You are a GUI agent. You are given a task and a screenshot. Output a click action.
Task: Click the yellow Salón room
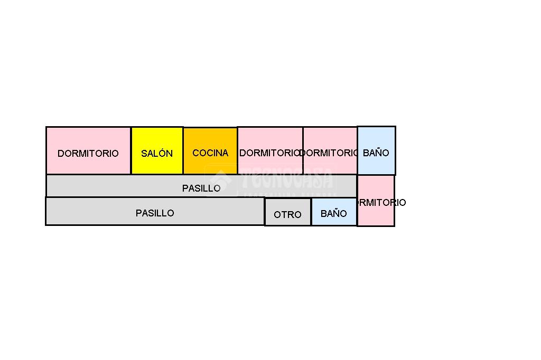[x=157, y=150]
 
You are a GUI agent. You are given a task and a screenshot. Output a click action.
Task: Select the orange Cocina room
[x=210, y=150]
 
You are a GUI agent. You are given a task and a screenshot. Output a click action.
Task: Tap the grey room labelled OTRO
[x=287, y=212]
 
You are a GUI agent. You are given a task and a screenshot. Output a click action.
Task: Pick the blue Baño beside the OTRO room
[x=334, y=212]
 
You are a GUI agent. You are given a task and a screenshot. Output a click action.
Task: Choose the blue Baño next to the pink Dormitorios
[x=376, y=150]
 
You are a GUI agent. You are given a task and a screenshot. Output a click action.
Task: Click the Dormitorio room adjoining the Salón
[x=88, y=150]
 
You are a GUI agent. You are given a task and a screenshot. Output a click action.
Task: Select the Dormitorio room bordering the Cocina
[x=270, y=150]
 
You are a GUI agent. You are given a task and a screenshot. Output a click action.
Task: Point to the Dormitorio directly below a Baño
[x=376, y=201]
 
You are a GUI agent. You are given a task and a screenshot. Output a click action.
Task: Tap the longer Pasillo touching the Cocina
[x=201, y=186]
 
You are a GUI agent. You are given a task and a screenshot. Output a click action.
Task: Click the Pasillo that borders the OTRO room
[x=154, y=211]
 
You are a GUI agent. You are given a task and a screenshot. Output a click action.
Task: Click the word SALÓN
[x=157, y=154]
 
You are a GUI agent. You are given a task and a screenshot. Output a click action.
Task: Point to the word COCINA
[x=210, y=153]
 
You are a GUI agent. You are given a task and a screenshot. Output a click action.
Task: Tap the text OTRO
[x=287, y=215]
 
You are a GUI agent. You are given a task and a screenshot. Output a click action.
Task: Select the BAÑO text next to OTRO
[x=334, y=214]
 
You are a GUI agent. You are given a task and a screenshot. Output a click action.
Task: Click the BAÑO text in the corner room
[x=376, y=153]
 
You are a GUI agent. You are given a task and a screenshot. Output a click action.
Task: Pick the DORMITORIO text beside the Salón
[x=88, y=154]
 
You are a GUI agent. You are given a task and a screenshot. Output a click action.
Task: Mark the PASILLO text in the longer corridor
[x=201, y=188]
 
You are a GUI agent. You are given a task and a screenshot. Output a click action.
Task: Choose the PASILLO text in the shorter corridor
[x=155, y=213]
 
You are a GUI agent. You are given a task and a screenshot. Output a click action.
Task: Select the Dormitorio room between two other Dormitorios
[x=330, y=150]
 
